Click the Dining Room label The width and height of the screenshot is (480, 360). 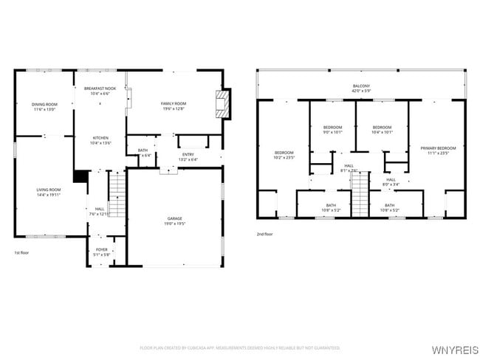point(44,104)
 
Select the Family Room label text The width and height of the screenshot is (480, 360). point(174,104)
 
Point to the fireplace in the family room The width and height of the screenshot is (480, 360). point(223,104)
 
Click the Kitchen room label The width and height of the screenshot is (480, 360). point(100,137)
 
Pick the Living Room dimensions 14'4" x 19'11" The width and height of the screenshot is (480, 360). point(49,195)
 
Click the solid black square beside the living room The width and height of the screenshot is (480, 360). point(80,176)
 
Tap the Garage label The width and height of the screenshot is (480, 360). point(174,219)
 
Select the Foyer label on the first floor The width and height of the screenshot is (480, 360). point(102,250)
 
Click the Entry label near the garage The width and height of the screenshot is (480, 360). point(188,154)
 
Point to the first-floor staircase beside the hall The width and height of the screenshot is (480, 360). point(117,194)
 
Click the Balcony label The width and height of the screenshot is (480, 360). point(361,86)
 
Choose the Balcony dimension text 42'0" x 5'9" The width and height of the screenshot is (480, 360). point(361,91)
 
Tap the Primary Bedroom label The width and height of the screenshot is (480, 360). point(438,148)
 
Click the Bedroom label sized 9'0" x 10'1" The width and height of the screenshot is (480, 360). point(332,128)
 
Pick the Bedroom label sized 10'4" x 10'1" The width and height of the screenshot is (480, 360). point(382,128)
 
